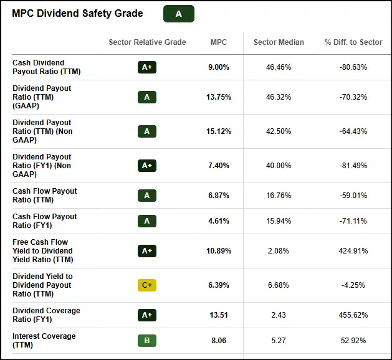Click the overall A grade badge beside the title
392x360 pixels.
click(179, 14)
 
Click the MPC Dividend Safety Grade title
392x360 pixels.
click(77, 14)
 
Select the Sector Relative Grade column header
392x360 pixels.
click(147, 42)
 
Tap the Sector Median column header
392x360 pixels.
click(279, 42)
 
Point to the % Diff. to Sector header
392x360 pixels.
click(353, 42)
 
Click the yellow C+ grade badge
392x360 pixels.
click(147, 285)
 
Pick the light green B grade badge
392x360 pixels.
click(147, 341)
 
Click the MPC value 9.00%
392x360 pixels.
click(219, 67)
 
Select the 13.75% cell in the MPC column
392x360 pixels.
click(219, 97)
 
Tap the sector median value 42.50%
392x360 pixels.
click(279, 131)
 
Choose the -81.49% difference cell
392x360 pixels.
click(353, 166)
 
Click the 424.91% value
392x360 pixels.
click(353, 251)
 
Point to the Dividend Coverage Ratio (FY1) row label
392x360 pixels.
click(46, 315)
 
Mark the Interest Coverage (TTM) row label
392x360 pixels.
click(44, 341)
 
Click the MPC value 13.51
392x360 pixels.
click(219, 315)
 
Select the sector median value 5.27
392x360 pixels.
click(279, 341)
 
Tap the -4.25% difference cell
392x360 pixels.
click(353, 285)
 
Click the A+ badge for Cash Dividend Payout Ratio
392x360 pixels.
click(147, 67)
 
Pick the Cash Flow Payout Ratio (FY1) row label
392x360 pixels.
click(45, 221)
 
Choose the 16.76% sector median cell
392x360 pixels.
click(279, 196)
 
